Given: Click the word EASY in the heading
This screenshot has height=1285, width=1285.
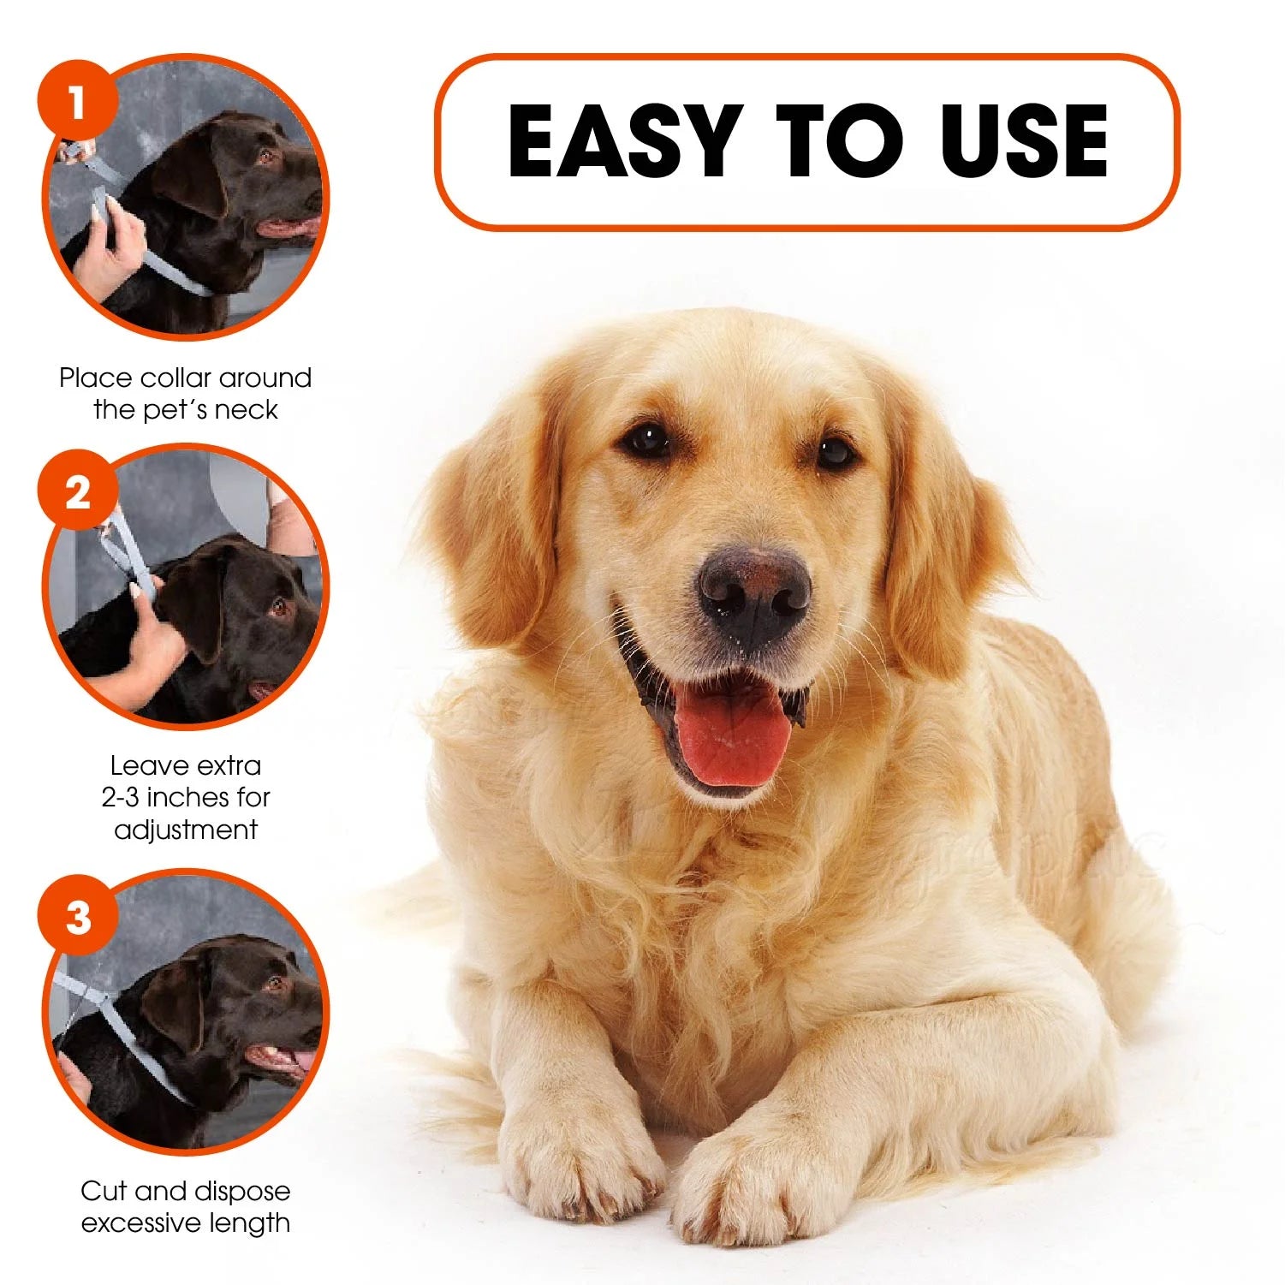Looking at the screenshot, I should (x=623, y=141).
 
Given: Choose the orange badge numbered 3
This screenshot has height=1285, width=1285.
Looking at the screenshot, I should (x=77, y=918).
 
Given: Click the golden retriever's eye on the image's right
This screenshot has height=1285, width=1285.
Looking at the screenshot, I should (x=835, y=451).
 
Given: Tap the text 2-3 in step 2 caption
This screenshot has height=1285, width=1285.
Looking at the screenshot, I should (x=120, y=797).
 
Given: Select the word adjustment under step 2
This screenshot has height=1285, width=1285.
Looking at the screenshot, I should (x=186, y=830).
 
